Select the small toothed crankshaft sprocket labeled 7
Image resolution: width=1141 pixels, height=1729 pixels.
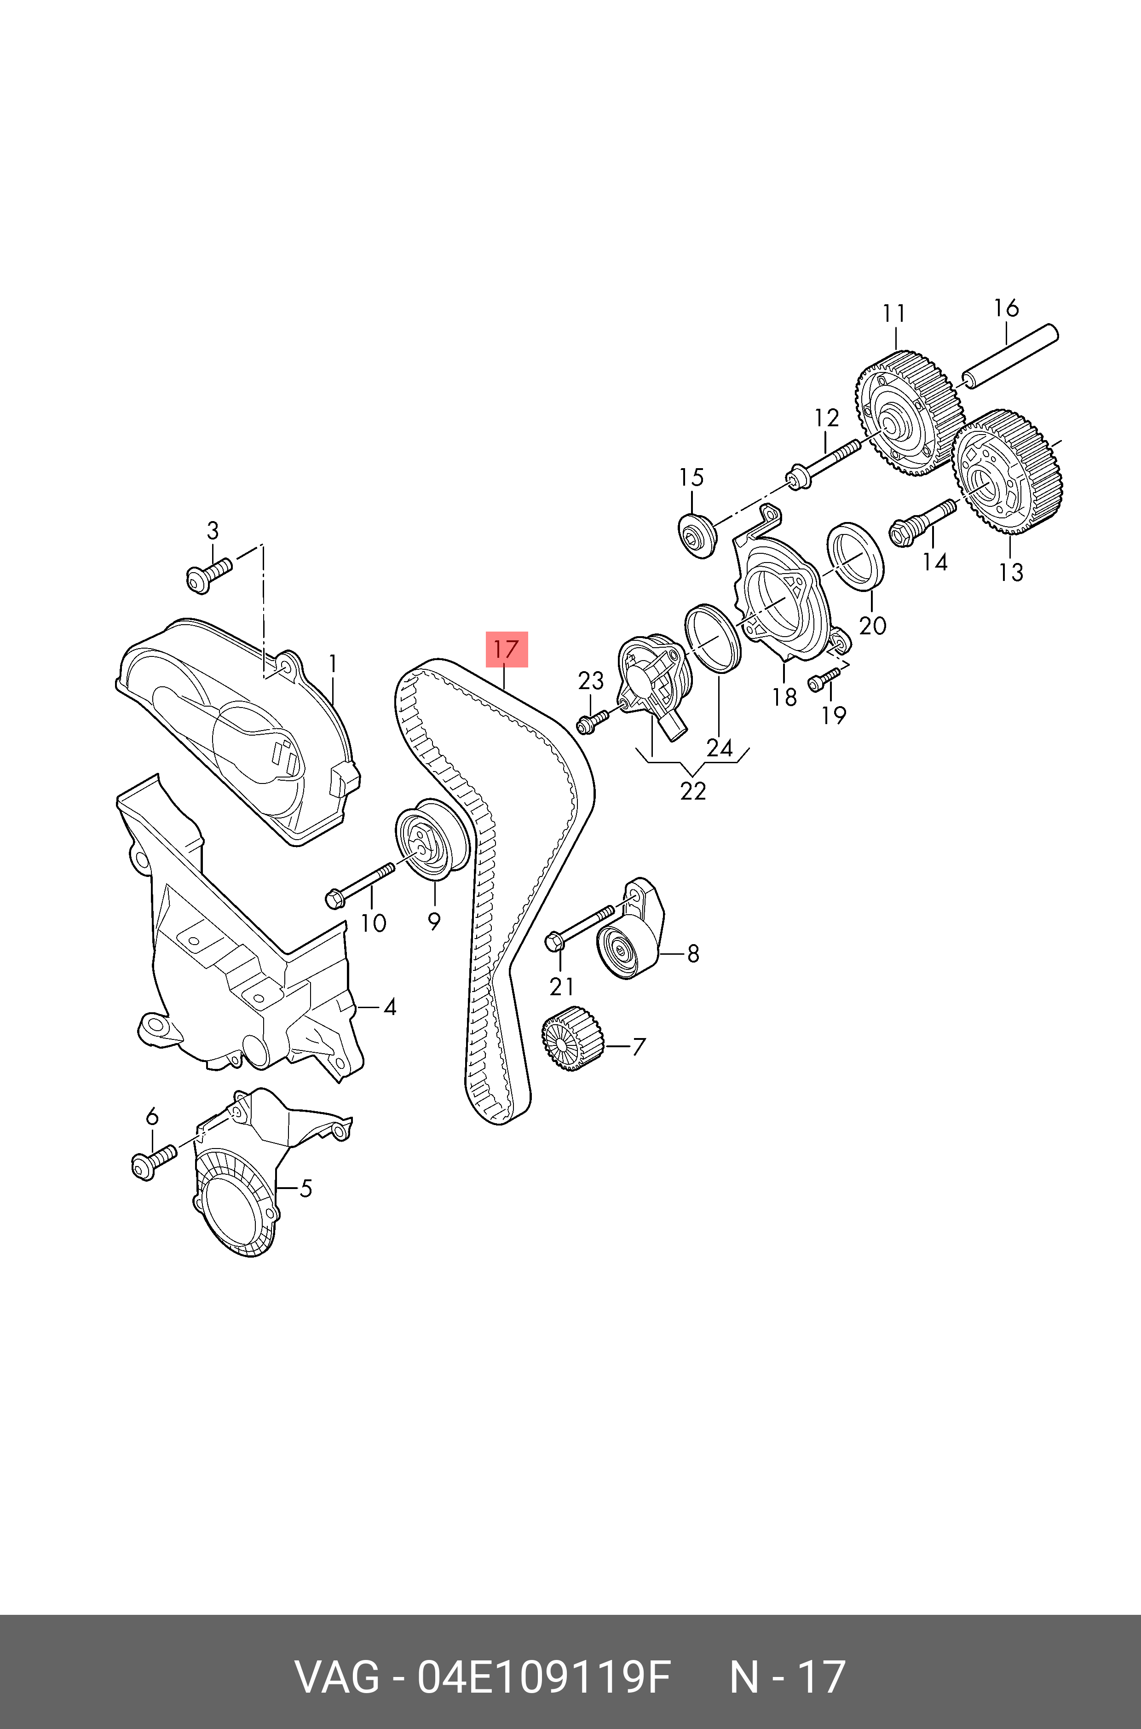coord(573,1039)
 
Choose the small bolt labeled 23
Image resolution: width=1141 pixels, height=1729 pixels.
coord(593,721)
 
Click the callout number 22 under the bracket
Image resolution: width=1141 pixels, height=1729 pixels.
coord(693,790)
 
